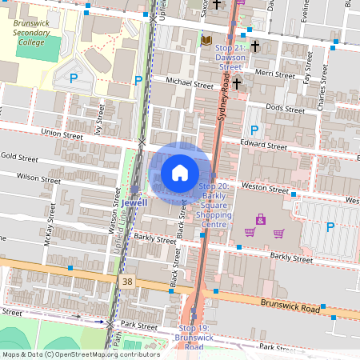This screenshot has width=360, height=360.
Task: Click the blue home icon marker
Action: [x=180, y=173]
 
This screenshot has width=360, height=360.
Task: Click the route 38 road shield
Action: [x=128, y=282]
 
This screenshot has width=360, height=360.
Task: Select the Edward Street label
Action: [x=264, y=146]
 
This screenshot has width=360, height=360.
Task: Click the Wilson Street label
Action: [x=38, y=177]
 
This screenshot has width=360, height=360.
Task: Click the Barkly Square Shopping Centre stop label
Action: [x=214, y=205]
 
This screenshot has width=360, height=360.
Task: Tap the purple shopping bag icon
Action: [x=260, y=218]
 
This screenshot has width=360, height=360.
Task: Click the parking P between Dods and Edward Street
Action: [x=254, y=130]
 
